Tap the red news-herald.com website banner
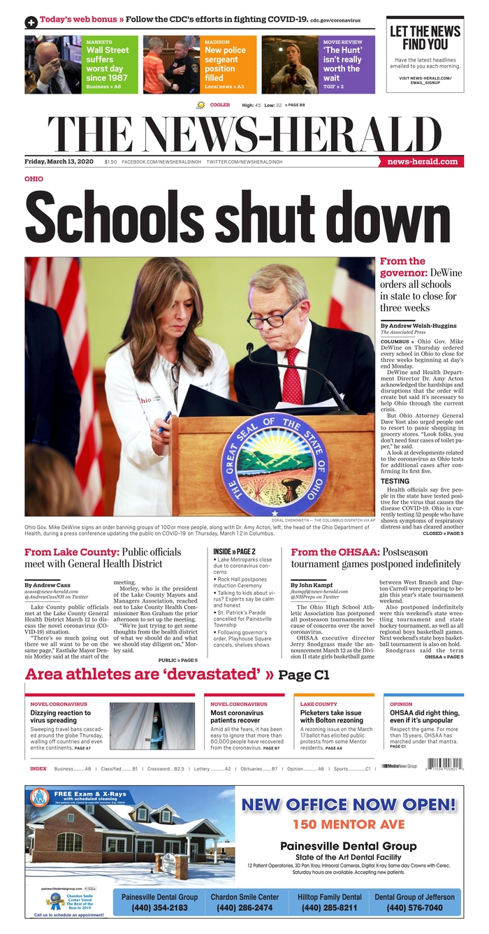[x=423, y=161]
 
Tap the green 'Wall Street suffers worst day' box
[x=110, y=64]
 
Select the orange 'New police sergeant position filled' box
[x=229, y=64]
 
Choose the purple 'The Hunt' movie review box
[x=348, y=64]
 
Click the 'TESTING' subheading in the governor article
[x=395, y=481]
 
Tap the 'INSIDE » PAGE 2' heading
[x=235, y=552]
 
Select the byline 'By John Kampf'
[x=314, y=584]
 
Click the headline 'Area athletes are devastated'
[x=149, y=675]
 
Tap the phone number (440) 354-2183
[x=160, y=907]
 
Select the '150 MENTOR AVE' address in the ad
[x=349, y=824]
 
